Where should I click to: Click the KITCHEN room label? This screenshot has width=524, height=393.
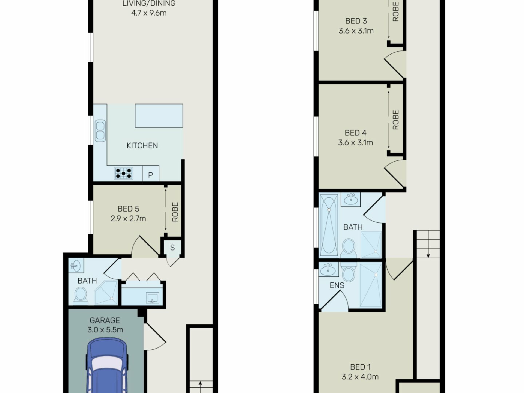tap(142, 145)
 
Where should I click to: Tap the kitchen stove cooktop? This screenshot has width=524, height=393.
tap(124, 173)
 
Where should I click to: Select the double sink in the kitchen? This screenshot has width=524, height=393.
tap(100, 131)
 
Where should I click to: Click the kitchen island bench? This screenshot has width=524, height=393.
tap(159, 115)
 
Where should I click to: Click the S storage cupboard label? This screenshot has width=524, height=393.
tap(172, 248)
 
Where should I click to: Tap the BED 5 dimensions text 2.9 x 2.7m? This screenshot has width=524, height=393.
tap(128, 219)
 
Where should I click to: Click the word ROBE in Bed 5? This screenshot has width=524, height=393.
tap(175, 212)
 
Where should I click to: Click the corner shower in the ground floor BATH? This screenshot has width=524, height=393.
tap(106, 293)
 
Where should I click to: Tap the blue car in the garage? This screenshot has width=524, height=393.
tap(107, 366)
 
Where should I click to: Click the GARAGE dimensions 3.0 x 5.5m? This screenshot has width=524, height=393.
tap(105, 330)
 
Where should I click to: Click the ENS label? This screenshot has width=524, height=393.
tap(337, 285)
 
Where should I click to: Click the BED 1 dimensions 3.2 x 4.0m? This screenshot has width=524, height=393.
tap(360, 377)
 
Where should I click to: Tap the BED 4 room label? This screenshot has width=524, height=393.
tap(355, 133)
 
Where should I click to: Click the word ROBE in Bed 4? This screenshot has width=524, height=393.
tap(395, 120)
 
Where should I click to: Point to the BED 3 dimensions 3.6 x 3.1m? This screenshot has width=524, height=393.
tap(356, 31)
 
